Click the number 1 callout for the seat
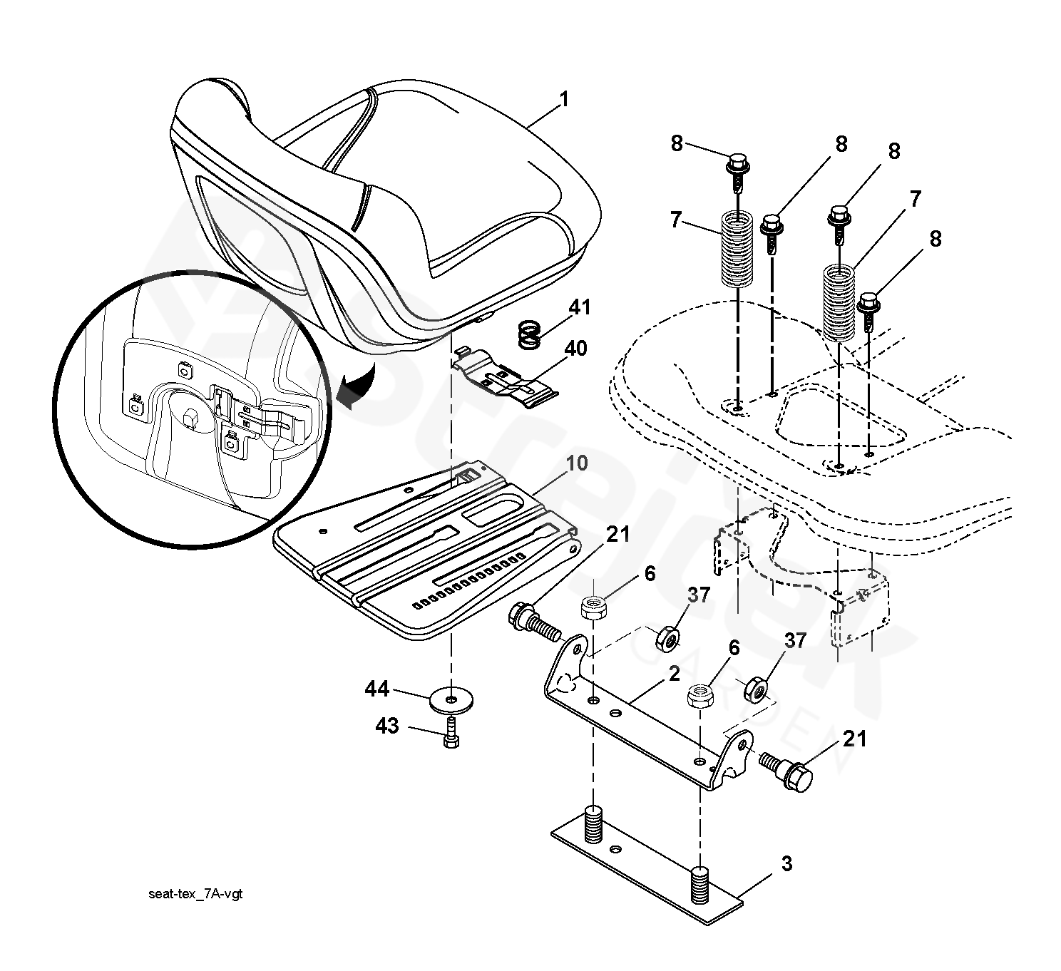point(564,99)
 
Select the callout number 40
point(576,349)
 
